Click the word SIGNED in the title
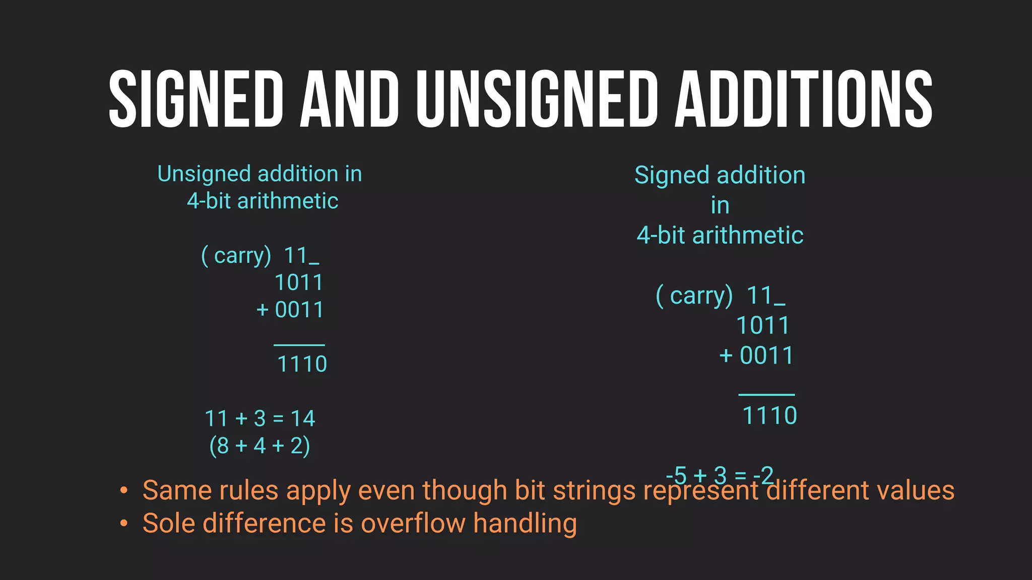pos(196,99)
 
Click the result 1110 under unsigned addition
pos(302,364)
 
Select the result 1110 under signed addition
pos(769,416)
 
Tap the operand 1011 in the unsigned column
pos(299,283)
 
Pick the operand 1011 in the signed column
pos(763,326)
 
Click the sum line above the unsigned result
pos(299,345)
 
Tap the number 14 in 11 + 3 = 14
pos(303,419)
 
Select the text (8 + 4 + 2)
pos(260,446)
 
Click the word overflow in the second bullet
pos(413,523)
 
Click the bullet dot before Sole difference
pos(124,524)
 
